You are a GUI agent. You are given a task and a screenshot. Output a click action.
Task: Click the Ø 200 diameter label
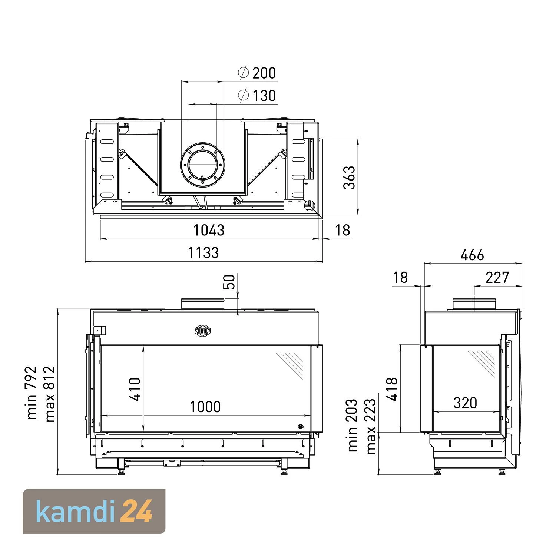257,73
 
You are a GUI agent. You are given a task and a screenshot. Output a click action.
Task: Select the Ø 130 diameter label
257,96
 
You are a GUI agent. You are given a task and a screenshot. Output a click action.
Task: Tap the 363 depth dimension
349,178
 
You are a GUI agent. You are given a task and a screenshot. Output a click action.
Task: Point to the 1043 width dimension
209,230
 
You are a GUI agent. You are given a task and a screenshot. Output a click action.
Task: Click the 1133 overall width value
203,253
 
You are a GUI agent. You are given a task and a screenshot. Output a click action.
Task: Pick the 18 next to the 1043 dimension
342,230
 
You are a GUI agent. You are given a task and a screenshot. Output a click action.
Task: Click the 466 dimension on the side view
472,255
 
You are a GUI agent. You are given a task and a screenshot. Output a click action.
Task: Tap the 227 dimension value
497,278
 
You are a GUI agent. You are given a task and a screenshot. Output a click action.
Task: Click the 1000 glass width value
205,407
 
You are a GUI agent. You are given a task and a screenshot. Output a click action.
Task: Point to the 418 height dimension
392,389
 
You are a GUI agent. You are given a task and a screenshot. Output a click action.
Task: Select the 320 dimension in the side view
465,403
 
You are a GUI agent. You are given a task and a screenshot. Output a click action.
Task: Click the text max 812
50,394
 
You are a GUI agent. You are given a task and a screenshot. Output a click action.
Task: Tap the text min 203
353,425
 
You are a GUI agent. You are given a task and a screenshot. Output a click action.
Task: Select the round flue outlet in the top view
202,165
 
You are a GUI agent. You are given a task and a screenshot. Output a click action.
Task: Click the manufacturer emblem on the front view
202,330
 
